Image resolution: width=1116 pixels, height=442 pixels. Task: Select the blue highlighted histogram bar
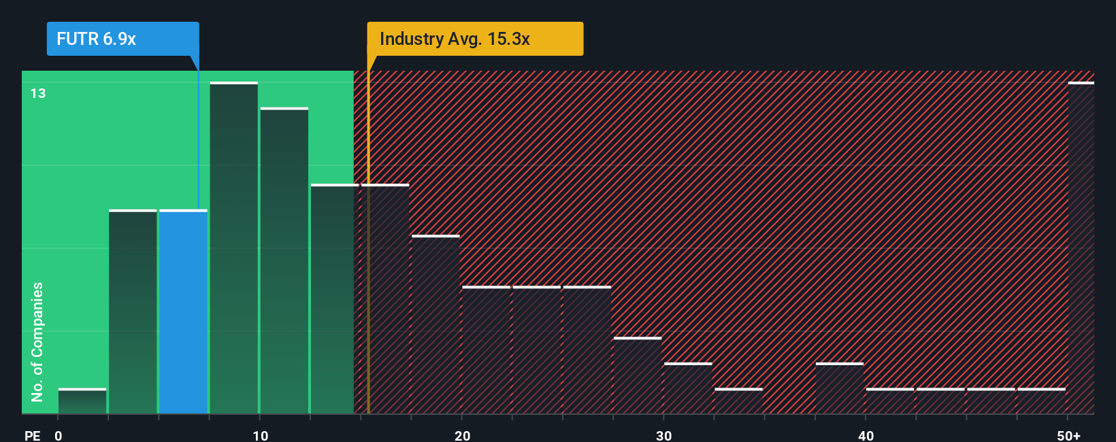pyautogui.click(x=183, y=311)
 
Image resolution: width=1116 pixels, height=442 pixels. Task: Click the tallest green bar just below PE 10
pyautogui.click(x=233, y=248)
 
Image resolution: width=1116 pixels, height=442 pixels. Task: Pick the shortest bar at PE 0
pyautogui.click(x=82, y=401)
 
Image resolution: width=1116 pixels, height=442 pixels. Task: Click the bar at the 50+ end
pyautogui.click(x=1081, y=248)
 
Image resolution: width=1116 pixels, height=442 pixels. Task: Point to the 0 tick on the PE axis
pyautogui.click(x=59, y=435)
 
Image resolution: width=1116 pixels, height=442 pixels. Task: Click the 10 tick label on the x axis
pyautogui.click(x=260, y=435)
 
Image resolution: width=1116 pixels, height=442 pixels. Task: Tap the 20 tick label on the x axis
pyautogui.click(x=462, y=435)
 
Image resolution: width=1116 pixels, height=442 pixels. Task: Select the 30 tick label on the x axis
pyautogui.click(x=663, y=435)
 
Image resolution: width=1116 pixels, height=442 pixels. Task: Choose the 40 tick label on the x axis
pyautogui.click(x=866, y=435)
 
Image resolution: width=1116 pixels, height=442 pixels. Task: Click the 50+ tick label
pyautogui.click(x=1068, y=435)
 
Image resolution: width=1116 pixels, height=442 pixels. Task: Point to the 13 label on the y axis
pyautogui.click(x=38, y=93)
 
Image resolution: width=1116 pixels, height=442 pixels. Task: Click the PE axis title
pyautogui.click(x=32, y=435)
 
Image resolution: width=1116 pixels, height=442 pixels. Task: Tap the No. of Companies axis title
pyautogui.click(x=37, y=341)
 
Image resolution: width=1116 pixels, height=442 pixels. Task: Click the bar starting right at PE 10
pyautogui.click(x=284, y=260)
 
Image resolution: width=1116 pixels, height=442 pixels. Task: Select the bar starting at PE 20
pyautogui.click(x=486, y=350)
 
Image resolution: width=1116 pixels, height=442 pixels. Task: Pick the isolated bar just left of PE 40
pyautogui.click(x=839, y=388)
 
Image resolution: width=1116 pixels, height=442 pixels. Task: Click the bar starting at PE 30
pyautogui.click(x=687, y=388)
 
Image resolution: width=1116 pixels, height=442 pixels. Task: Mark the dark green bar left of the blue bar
pyautogui.click(x=133, y=311)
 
